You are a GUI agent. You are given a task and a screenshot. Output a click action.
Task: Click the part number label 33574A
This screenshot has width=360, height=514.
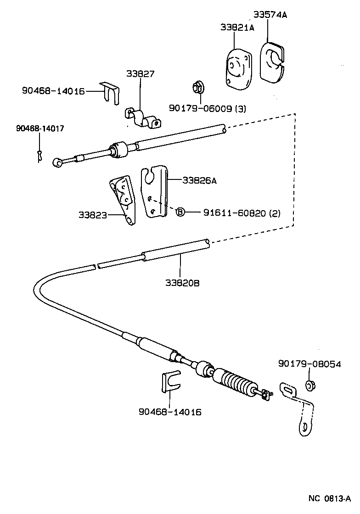point(270,15)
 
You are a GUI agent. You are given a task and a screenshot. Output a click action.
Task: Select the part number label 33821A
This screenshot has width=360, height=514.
point(237,28)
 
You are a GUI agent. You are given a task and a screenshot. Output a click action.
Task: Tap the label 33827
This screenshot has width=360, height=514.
point(141,73)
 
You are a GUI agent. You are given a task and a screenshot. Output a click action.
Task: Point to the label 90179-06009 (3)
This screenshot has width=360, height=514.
point(208,108)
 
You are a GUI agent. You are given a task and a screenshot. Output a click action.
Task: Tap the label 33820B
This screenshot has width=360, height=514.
point(182,283)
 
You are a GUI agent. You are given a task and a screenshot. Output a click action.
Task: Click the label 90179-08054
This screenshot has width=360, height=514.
point(309,364)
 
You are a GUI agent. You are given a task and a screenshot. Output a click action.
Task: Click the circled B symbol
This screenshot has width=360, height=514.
point(180,212)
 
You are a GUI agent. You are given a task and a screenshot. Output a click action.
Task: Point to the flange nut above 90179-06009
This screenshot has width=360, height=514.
point(197,87)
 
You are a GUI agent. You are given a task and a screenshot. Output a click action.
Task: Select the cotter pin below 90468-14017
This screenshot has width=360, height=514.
point(40,156)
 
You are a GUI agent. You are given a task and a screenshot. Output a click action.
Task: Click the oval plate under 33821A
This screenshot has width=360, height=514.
point(239,67)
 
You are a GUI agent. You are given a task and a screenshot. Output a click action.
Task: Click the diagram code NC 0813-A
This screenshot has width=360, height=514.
point(329,498)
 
